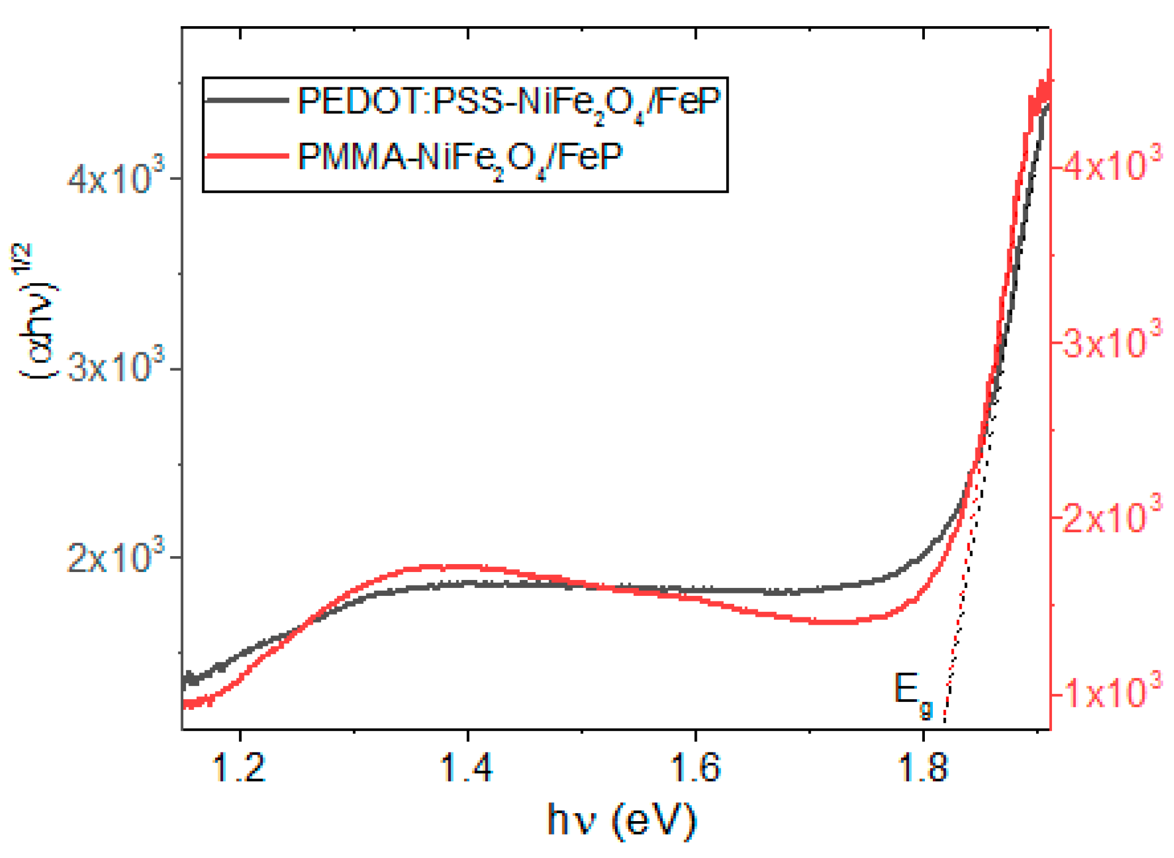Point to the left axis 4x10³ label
point(116,179)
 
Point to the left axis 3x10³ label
point(116,368)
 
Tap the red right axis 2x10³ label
point(1112,517)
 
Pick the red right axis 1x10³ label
point(1112,693)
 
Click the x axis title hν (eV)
point(621,820)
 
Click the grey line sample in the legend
point(247,100)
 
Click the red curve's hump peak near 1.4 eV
point(448,566)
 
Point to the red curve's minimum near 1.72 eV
point(834,623)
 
